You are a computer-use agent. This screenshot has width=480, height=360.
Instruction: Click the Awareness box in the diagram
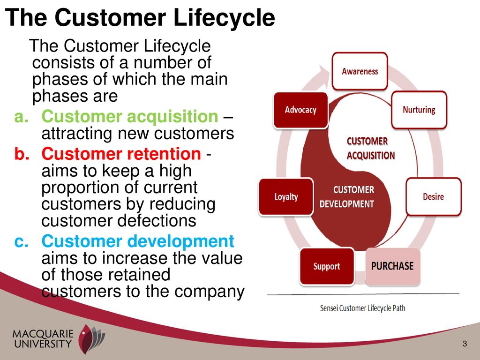point(360,71)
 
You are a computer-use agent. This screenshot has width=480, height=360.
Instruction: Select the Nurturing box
point(419,110)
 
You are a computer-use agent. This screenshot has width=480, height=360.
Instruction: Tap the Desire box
point(434,196)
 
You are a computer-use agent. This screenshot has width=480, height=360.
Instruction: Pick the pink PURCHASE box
point(392,266)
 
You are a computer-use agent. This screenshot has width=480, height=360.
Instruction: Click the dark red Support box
point(327,266)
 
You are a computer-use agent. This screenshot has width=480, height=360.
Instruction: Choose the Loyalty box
point(286,196)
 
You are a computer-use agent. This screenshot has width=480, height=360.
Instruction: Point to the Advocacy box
point(300,110)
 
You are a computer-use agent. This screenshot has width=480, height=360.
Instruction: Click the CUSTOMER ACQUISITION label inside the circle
point(371,149)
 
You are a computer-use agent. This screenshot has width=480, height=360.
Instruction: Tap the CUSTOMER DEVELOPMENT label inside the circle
point(347,197)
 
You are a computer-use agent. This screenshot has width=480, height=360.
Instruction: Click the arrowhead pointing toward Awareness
point(324,72)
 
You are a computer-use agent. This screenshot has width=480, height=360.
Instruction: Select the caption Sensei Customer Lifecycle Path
point(363,308)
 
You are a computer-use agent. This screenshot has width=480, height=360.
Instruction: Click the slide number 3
point(465,344)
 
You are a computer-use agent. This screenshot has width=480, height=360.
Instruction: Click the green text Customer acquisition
point(130,116)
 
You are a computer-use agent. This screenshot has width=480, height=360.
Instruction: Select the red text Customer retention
point(121,154)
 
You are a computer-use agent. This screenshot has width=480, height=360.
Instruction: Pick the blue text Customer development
point(138,241)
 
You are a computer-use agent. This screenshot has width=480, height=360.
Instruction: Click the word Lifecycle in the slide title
point(224,17)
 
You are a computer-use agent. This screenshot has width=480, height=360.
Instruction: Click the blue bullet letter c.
point(22,241)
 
